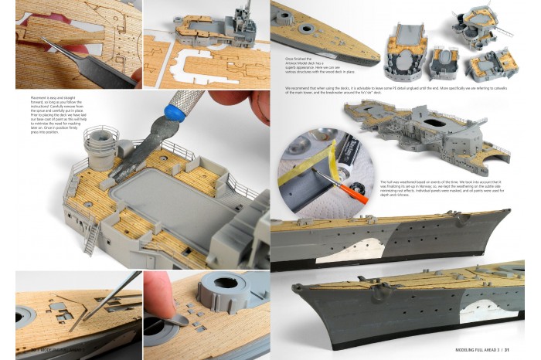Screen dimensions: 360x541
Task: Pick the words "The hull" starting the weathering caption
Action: [x=388, y=181]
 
